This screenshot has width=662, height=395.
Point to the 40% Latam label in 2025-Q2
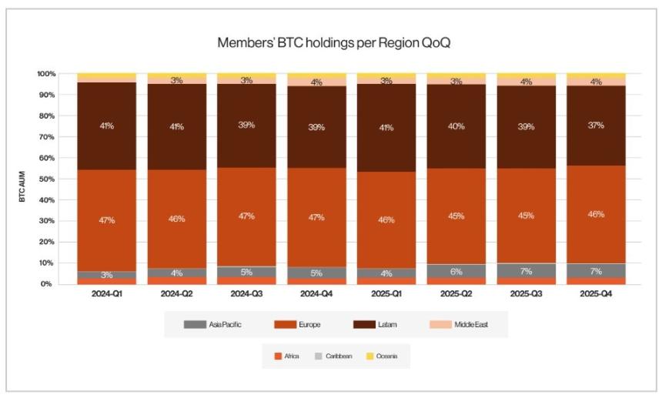point(456,126)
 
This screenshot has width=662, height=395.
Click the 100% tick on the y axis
point(45,74)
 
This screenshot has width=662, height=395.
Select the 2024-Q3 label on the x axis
point(247,294)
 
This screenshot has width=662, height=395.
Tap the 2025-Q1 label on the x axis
point(386,294)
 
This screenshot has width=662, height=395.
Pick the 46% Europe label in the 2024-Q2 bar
point(177,219)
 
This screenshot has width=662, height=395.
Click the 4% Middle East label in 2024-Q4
point(317,82)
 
